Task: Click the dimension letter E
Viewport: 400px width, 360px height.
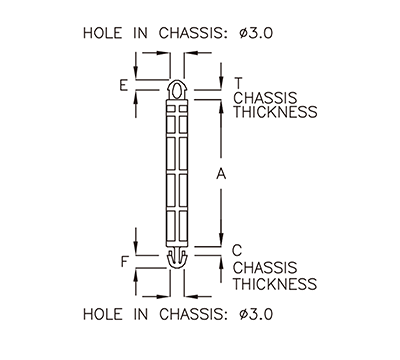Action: tap(123, 86)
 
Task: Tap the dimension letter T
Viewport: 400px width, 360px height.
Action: tap(238, 83)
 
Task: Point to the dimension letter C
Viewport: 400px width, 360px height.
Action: tap(238, 251)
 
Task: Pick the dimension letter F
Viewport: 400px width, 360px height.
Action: tap(123, 262)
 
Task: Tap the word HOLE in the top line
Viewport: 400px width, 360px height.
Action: tap(104, 34)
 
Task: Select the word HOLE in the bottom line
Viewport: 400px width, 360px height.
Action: tap(104, 314)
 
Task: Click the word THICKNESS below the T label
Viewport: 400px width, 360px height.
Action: tap(275, 113)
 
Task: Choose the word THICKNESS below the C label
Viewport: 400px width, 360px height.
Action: tap(275, 284)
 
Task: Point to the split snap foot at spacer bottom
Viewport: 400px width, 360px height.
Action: tap(177, 260)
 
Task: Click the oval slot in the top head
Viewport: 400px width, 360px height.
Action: tap(177, 91)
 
